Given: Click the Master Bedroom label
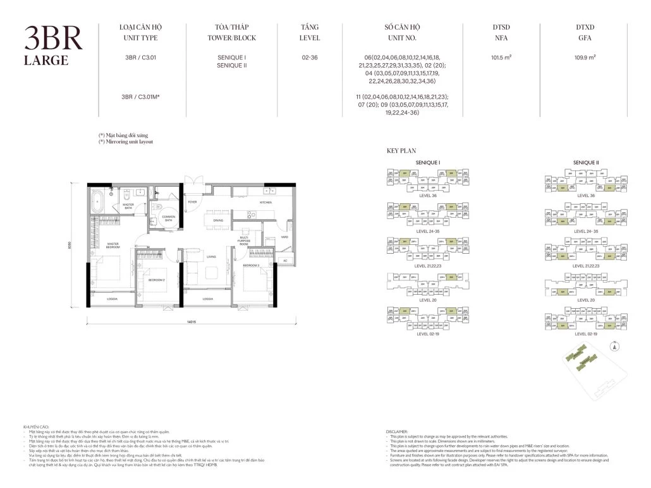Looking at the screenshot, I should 114,246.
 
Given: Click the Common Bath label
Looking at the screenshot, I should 168,218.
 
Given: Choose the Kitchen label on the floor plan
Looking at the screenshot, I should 265,203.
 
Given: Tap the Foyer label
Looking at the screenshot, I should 192,202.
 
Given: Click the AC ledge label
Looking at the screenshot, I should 284,260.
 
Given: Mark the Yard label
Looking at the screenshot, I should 284,237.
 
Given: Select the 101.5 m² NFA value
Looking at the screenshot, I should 501,57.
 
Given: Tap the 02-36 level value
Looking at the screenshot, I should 310,57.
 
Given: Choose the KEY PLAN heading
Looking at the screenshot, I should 400,152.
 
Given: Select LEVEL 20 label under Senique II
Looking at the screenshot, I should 586,301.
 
